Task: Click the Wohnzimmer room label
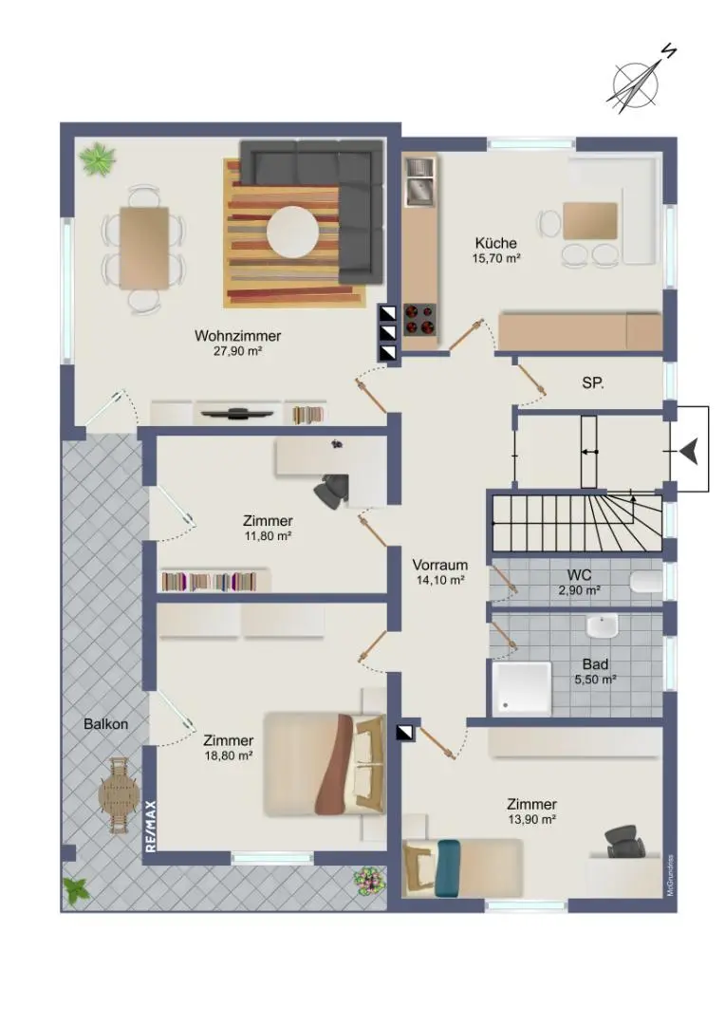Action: (x=237, y=335)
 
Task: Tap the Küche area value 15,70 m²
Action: (x=496, y=258)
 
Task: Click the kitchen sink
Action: (x=419, y=181)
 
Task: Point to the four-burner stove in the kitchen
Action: (x=419, y=320)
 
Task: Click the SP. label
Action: (x=593, y=383)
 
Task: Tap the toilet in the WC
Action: (x=646, y=582)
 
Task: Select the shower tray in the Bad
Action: (x=521, y=687)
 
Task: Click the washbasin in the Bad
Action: (x=602, y=626)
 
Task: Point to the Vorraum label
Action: (x=440, y=565)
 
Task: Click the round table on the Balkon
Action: (x=119, y=795)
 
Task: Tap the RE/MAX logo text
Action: (x=151, y=826)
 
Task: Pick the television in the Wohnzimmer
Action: (x=236, y=413)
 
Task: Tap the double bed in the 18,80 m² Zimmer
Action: (x=325, y=764)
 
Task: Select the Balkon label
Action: (x=106, y=724)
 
